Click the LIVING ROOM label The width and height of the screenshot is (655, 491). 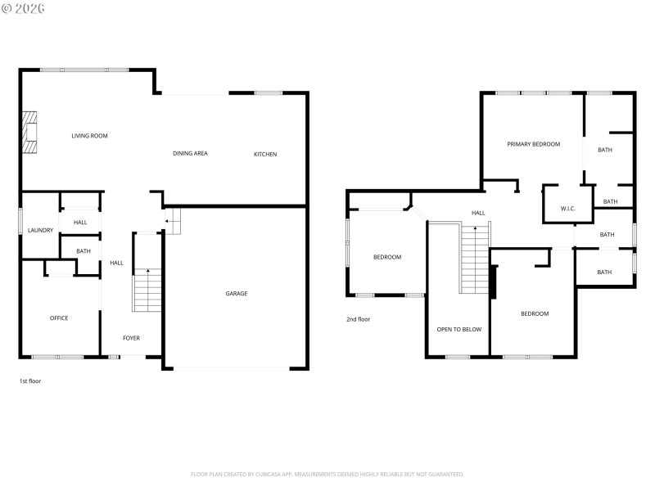click(89, 136)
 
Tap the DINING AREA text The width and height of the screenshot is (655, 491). click(190, 153)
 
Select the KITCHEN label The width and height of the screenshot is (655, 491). click(264, 154)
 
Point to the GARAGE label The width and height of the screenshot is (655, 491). click(237, 294)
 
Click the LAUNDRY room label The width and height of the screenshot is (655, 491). click(40, 231)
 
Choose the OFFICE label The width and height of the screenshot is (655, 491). click(58, 318)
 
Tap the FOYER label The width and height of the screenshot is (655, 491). click(131, 338)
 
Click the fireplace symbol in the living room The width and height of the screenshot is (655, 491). click(30, 132)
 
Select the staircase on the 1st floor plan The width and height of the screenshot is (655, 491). click(147, 291)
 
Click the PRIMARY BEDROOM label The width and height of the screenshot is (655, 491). click(533, 144)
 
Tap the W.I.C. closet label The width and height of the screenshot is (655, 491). click(568, 209)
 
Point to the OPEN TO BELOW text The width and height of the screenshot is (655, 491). click(458, 330)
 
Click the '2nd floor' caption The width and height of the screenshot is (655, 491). click(358, 319)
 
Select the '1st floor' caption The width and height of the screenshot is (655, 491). click(30, 381)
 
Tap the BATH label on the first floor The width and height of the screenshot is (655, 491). click(84, 251)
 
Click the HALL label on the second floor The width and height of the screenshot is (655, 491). click(478, 213)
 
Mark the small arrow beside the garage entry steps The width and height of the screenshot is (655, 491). click(167, 220)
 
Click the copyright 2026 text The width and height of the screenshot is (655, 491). click(24, 8)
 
